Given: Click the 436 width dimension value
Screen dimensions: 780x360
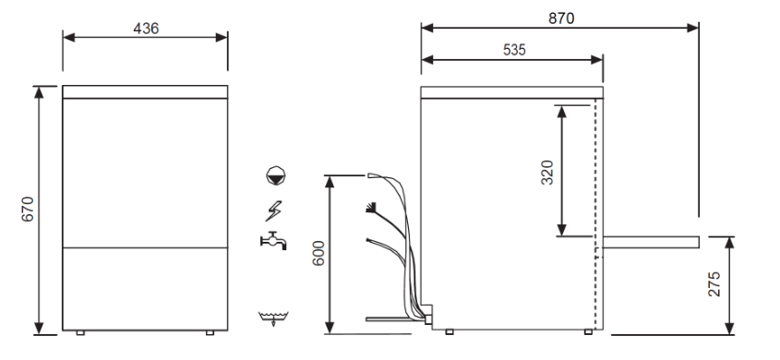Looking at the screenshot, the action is coord(146,29).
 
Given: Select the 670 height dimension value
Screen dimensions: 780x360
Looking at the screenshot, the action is coord(28,210).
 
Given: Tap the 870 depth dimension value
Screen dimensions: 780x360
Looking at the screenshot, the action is coord(561,18).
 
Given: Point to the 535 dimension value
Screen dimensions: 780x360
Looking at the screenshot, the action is coord(514,50).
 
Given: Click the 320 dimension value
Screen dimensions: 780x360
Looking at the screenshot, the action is coord(547,173).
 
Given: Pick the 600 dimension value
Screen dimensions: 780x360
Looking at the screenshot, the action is coord(318,253).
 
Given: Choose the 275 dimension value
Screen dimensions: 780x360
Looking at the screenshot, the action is coord(714,284).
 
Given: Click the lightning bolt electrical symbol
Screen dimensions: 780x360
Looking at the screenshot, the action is coord(273,210).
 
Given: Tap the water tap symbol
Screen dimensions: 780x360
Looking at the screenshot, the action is coord(273,241).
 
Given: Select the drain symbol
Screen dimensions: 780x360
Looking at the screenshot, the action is coord(273,318).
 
